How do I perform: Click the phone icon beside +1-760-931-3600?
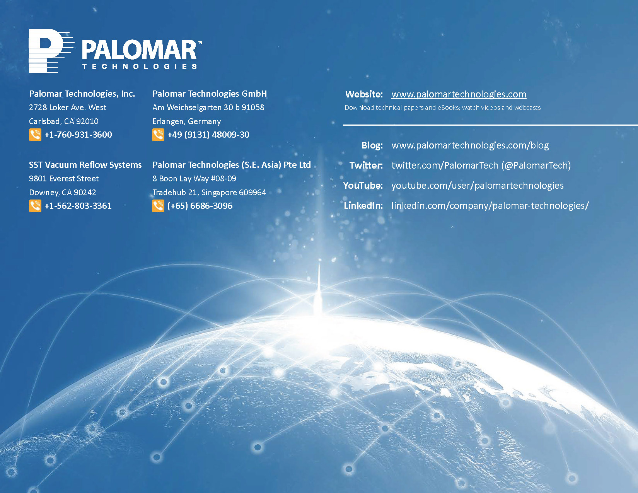(x=35, y=135)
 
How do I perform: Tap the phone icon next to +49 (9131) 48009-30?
(x=158, y=135)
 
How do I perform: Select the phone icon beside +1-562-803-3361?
(x=35, y=206)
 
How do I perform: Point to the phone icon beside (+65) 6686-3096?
(x=158, y=206)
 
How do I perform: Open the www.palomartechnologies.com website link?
(x=459, y=94)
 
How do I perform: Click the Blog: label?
(x=372, y=145)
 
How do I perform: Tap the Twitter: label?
(x=366, y=165)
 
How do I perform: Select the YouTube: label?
(x=363, y=186)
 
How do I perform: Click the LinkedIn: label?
(x=363, y=206)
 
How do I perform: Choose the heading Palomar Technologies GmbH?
(x=210, y=94)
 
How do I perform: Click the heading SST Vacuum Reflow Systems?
(x=85, y=165)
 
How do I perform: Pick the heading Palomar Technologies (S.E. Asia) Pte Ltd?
(x=232, y=165)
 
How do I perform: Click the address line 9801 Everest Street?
(x=64, y=179)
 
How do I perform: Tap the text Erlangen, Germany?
(x=186, y=121)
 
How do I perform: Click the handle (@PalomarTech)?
(x=536, y=165)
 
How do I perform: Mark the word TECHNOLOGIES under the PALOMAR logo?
(x=140, y=67)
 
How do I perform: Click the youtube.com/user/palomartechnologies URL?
(x=478, y=186)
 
